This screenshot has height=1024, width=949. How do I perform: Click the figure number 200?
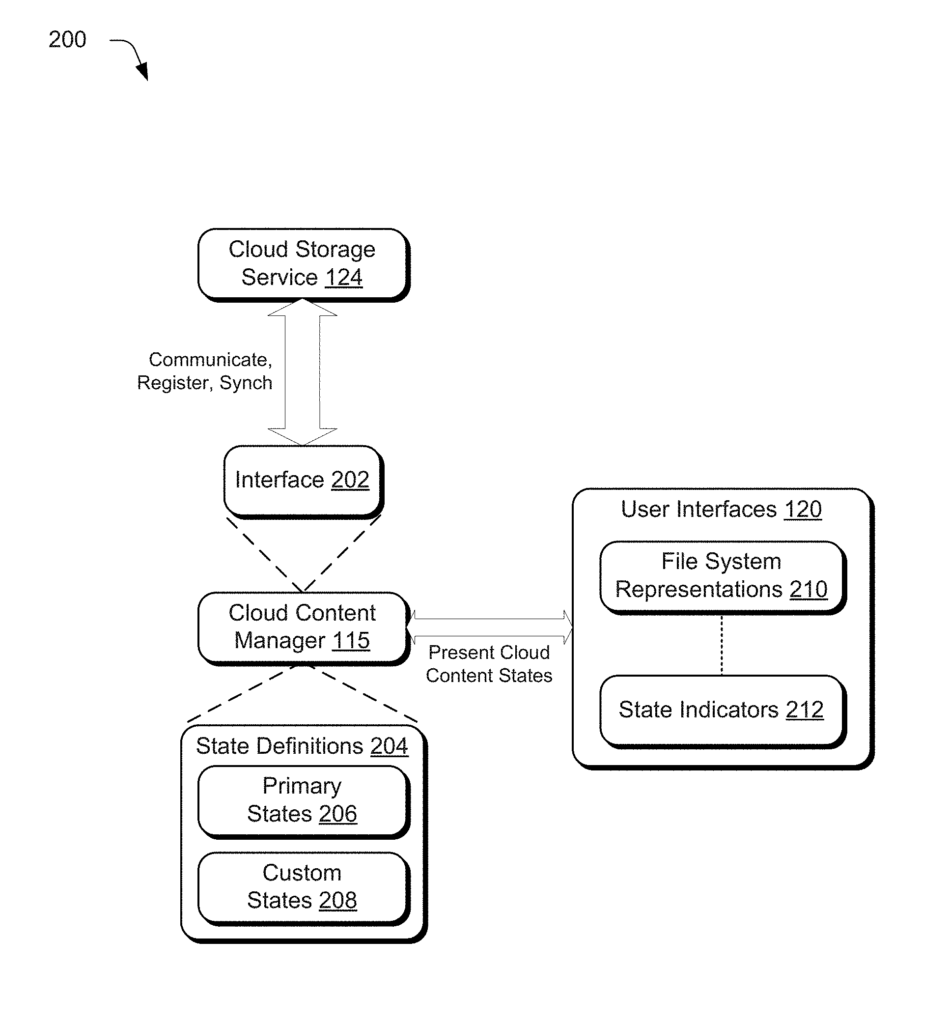pos(67,40)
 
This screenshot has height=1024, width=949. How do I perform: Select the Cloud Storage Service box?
pos(304,265)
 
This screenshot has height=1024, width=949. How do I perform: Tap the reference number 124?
pos(343,278)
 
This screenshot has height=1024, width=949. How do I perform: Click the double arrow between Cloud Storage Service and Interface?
pos(303,372)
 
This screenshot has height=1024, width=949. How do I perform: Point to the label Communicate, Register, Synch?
pos(205,371)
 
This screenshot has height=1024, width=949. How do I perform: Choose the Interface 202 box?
pos(304,482)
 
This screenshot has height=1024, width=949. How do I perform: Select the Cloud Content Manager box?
pos(304,629)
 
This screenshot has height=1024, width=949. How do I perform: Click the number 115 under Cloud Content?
pos(351,641)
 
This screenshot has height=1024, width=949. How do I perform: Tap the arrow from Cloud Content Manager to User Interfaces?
pos(489,627)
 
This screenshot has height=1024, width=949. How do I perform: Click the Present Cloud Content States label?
pos(489,664)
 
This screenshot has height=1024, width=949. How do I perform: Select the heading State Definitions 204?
pos(302,746)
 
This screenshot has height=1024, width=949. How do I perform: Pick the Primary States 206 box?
pos(304,802)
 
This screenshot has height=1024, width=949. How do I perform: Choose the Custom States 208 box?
pos(304,889)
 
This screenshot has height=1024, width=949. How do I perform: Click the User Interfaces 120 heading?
pos(721,510)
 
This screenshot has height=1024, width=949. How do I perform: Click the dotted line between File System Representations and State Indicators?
pos(722,645)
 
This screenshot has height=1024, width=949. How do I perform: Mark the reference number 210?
pos(809,589)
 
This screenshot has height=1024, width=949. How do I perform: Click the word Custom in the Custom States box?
pos(302,873)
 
